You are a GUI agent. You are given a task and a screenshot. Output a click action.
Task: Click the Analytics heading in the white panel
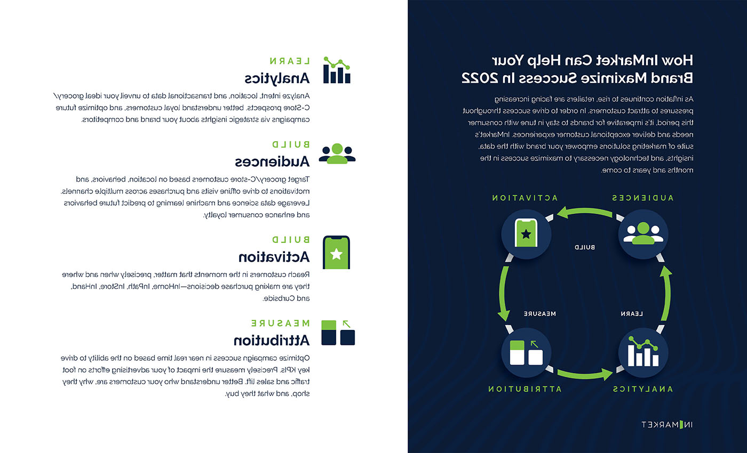277,78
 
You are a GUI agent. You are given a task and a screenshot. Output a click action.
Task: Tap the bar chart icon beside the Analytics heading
337,70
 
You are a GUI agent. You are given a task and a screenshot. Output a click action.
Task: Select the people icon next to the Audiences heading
337,153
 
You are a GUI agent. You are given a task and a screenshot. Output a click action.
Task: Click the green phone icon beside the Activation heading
337,252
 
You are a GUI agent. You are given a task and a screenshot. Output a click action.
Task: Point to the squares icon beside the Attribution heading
338,333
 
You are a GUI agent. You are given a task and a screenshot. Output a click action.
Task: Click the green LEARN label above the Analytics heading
290,61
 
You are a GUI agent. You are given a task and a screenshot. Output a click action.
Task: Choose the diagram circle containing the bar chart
643,352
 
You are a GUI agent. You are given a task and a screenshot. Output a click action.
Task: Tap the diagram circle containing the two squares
526,352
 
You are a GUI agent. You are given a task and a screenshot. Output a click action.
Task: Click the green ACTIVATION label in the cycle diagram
525,198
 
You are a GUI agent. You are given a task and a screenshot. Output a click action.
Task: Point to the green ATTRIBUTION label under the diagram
525,389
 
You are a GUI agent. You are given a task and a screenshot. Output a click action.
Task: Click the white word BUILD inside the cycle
585,247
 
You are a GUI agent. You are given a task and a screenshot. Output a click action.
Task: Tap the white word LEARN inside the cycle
632,314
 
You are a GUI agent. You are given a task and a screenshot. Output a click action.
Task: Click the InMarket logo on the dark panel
666,425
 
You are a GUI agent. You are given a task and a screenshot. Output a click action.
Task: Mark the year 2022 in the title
478,78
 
